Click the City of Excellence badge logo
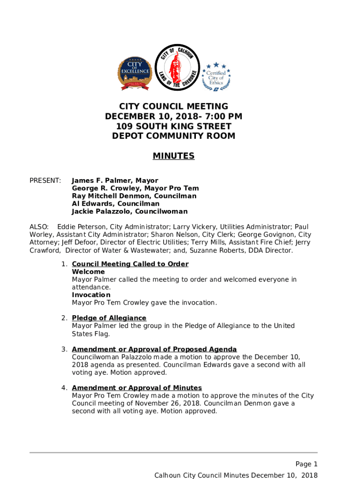click(x=135, y=73)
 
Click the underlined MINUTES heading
click(x=173, y=156)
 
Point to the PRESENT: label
click(x=45, y=181)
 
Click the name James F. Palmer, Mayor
click(x=115, y=181)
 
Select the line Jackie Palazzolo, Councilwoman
click(x=130, y=211)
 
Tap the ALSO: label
click(x=39, y=227)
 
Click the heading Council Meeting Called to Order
click(x=130, y=264)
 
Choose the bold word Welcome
click(x=88, y=272)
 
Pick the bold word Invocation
click(x=91, y=295)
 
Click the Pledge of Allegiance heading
click(x=109, y=318)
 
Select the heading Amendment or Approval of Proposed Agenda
click(x=154, y=349)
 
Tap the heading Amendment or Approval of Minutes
click(x=137, y=388)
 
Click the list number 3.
click(x=64, y=349)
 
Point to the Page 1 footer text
click(x=306, y=464)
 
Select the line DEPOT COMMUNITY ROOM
click(x=173, y=136)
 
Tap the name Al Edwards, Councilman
click(x=115, y=204)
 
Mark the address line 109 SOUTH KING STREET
click(x=173, y=126)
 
